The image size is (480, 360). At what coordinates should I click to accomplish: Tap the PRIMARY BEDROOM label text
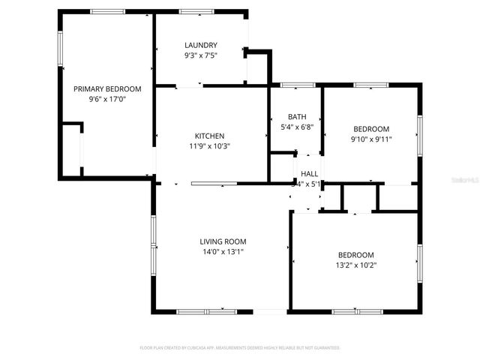point(107,88)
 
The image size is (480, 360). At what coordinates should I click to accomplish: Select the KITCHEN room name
point(210,136)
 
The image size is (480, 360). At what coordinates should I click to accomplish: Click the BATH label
point(297,116)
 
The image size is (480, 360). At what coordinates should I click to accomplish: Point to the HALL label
point(309,173)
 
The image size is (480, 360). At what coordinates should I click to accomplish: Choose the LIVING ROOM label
point(223,241)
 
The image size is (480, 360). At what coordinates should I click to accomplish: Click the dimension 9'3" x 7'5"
point(200,55)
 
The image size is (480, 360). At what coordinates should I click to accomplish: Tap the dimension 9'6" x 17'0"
point(107,99)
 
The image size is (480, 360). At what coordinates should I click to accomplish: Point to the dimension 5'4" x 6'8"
point(297,127)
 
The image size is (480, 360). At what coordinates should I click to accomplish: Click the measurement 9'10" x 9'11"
point(371,139)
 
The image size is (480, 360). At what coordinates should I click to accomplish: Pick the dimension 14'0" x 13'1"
point(223,252)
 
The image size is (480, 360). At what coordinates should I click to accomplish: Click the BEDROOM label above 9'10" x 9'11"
point(371,128)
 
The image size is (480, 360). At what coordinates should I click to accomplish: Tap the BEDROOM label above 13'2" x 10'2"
point(356,253)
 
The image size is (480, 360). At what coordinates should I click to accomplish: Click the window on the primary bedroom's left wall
point(61,49)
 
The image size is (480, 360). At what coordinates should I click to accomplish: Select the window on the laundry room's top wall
point(196,11)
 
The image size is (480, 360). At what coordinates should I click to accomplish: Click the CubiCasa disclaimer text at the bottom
point(240,348)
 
